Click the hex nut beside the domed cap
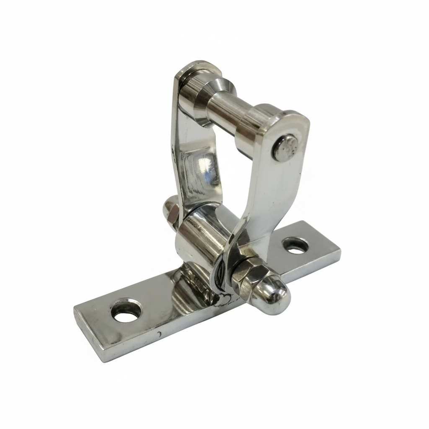(249, 272)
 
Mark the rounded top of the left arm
(193, 69)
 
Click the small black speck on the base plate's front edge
(159, 334)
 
